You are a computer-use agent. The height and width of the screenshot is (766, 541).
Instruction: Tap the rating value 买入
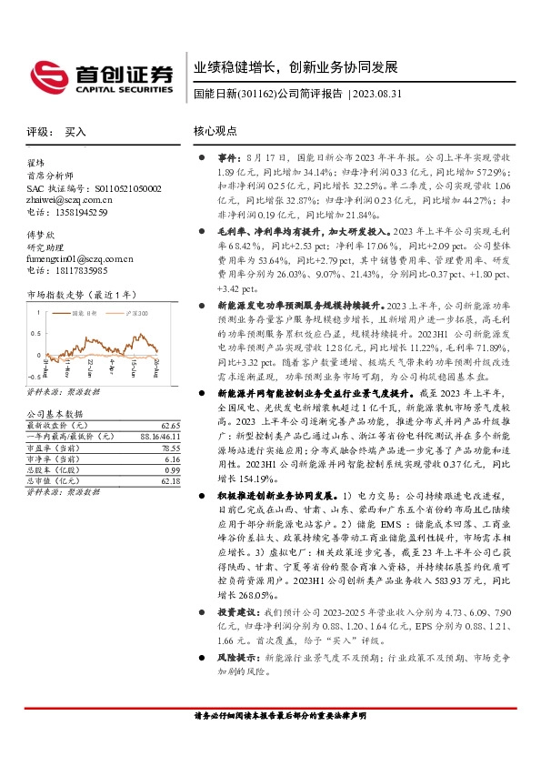point(75,132)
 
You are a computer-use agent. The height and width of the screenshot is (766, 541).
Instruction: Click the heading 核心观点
point(215,132)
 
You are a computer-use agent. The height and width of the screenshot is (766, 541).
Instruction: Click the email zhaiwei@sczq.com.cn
point(67,201)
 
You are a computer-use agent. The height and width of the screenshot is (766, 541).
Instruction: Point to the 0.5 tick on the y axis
point(36,325)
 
